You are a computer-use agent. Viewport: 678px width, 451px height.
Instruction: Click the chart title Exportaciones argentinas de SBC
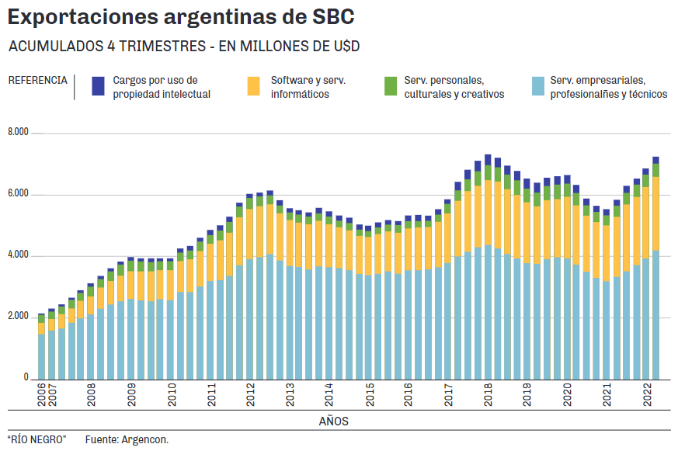(x=181, y=16)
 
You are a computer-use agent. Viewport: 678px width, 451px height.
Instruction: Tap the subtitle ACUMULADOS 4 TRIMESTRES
(x=184, y=47)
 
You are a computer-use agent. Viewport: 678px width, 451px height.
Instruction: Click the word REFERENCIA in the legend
(x=37, y=80)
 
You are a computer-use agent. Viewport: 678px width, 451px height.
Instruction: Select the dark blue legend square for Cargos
(x=98, y=86)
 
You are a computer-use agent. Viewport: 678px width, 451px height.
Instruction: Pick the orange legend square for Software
(x=254, y=86)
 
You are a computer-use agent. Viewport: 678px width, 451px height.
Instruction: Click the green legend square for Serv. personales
(x=391, y=86)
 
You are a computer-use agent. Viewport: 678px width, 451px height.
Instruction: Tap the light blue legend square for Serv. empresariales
(x=538, y=86)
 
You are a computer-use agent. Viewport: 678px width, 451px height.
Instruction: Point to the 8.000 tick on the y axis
(x=18, y=133)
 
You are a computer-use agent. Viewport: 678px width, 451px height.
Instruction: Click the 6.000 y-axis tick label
(x=18, y=194)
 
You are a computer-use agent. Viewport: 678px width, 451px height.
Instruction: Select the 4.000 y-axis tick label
(x=18, y=255)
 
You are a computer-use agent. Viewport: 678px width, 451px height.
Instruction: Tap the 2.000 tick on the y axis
(x=18, y=317)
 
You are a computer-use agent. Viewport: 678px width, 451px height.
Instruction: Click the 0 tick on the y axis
(x=26, y=378)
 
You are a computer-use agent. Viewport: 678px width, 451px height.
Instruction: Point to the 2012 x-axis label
(x=250, y=397)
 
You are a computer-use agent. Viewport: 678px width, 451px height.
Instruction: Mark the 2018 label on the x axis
(x=488, y=397)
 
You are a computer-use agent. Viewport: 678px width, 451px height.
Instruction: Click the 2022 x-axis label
(x=646, y=397)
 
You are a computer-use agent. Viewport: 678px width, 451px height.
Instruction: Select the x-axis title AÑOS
(x=333, y=422)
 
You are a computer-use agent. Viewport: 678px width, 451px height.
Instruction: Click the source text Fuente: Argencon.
(x=127, y=440)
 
